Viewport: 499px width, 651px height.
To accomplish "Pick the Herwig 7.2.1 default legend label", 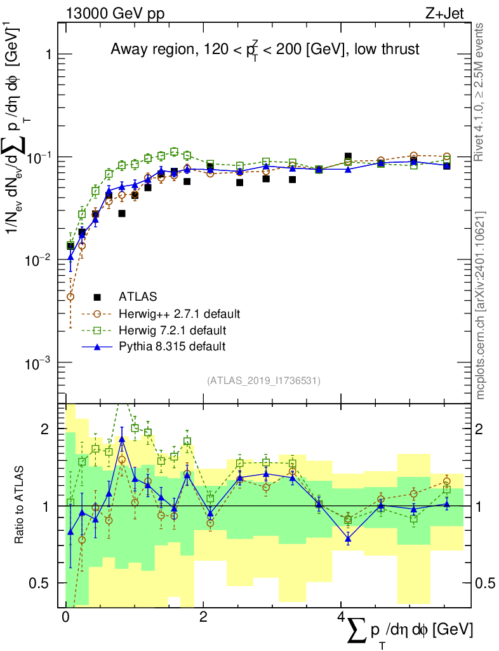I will tap(172, 330).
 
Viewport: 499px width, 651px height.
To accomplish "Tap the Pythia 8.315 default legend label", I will tap(172, 346).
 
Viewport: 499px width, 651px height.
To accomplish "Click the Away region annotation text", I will tap(265, 50).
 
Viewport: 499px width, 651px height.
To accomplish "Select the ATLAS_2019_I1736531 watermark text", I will tap(263, 381).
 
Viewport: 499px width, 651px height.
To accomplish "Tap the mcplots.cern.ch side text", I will tap(480, 305).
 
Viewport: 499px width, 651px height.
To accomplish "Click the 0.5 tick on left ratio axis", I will tap(41, 583).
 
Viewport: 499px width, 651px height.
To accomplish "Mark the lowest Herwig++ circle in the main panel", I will tap(70, 296).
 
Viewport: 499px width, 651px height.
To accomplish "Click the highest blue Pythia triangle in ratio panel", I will tap(122, 439).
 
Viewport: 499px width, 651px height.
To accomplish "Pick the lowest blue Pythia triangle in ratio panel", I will tap(348, 538).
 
